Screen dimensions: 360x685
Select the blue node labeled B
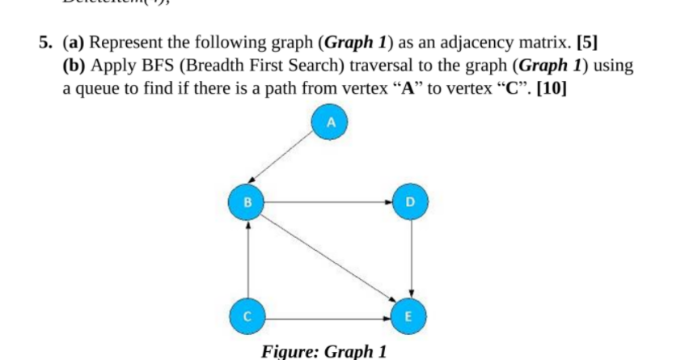tap(247, 200)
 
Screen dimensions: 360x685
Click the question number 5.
tap(46, 43)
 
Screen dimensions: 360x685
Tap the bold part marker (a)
tap(74, 43)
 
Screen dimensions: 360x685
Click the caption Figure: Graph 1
tap(324, 351)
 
